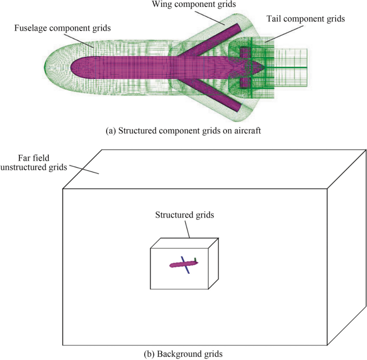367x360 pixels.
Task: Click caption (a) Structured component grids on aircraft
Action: tap(183, 130)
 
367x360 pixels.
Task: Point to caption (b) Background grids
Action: tap(183, 354)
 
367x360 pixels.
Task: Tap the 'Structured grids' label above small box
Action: tap(185, 215)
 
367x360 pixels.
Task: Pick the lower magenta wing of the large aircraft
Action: tap(214, 91)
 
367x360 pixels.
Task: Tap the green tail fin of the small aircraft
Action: tap(196, 260)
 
